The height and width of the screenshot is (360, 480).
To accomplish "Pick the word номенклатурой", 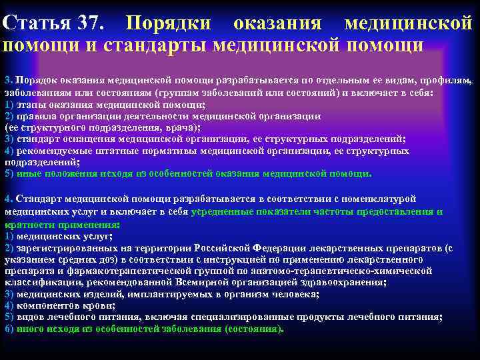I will pyautogui.click(x=377, y=199).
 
